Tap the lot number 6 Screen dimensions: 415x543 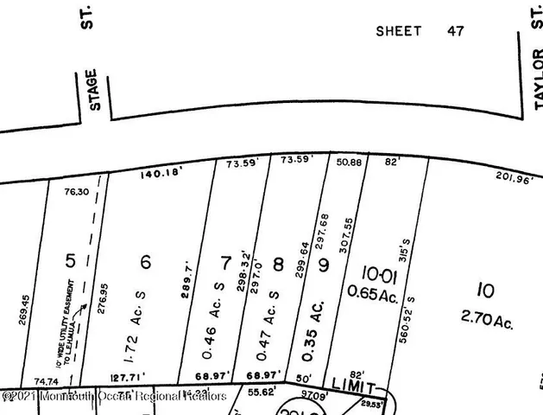146,260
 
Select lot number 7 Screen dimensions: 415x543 226,262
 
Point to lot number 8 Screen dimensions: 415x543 278,264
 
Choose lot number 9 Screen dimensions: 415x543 324,265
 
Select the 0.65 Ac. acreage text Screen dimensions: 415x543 371,292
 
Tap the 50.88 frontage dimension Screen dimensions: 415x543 349,161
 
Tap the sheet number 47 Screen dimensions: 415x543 455,31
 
